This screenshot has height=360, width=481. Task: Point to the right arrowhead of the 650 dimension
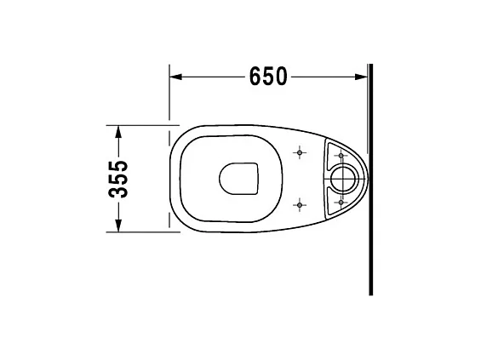click(362, 77)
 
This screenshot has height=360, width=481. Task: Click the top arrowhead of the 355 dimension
click(117, 129)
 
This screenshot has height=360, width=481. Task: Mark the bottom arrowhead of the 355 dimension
click(117, 227)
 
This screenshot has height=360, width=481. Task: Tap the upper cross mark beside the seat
click(299, 154)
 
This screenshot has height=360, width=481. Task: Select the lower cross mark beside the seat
click(299, 203)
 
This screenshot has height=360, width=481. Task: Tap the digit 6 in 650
click(255, 77)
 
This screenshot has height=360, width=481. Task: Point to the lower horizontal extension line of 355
click(140, 232)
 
